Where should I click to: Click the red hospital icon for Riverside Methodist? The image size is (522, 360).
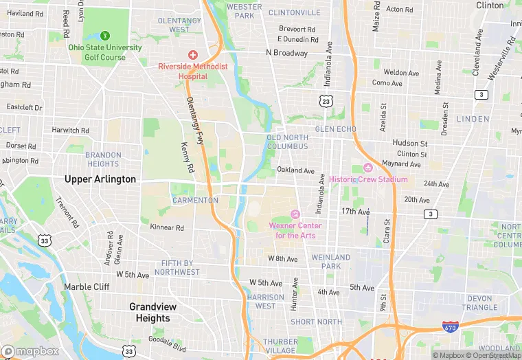(193, 54)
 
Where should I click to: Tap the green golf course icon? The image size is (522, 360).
(105, 35)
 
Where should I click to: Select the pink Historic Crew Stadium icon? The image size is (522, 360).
(367, 168)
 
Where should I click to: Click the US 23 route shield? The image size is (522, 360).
(326, 101)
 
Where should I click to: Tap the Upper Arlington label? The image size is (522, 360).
(100, 179)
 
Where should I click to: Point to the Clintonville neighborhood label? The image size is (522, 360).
(294, 12)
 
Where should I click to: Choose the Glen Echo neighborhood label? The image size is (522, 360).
(335, 129)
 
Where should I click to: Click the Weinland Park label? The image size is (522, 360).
(331, 262)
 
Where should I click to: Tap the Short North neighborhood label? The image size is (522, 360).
(316, 322)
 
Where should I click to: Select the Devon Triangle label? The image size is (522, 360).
(489, 303)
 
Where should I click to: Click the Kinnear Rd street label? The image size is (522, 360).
(167, 227)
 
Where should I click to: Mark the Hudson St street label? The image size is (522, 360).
(410, 143)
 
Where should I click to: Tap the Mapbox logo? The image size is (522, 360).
(31, 351)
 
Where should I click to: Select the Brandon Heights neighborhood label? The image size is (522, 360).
(103, 159)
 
